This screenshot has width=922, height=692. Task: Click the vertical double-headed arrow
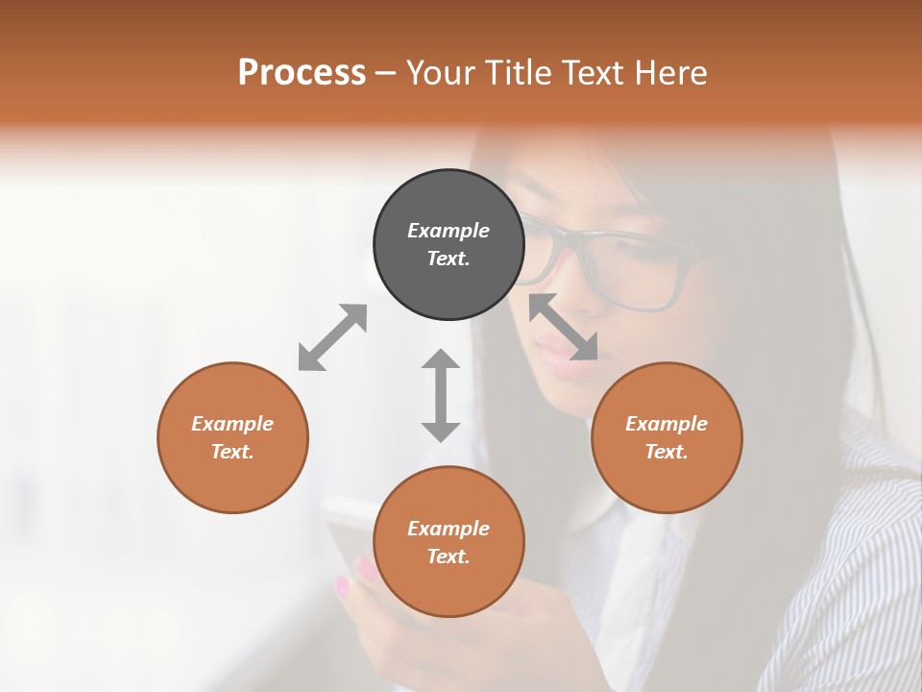pyautogui.click(x=441, y=395)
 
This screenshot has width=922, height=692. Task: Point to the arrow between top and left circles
pyautogui.click(x=332, y=337)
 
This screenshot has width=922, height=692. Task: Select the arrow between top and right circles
pyautogui.click(x=564, y=327)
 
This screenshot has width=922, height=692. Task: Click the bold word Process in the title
pyautogui.click(x=302, y=72)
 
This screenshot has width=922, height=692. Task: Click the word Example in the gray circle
pyautogui.click(x=449, y=231)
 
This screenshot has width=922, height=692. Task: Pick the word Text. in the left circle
pyautogui.click(x=232, y=452)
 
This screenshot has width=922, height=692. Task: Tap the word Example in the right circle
pyautogui.click(x=667, y=424)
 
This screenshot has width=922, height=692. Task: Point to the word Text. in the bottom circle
pyautogui.click(x=449, y=556)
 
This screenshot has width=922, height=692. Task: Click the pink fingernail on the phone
pyautogui.click(x=367, y=570)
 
